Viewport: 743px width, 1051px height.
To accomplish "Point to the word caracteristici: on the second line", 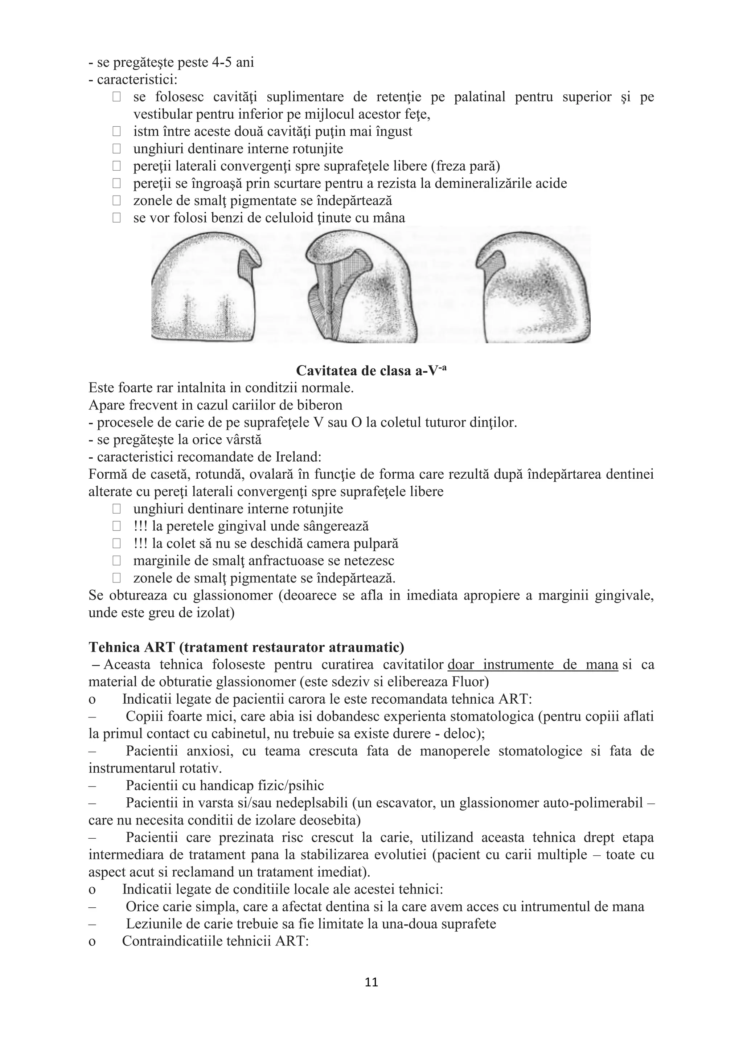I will [137, 79].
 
